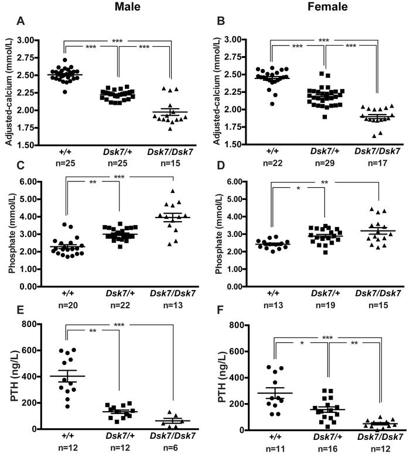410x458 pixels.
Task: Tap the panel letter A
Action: pyautogui.click(x=21, y=23)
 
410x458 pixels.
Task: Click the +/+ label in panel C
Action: pyautogui.click(x=71, y=296)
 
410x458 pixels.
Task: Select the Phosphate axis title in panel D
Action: pyautogui.click(x=226, y=234)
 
